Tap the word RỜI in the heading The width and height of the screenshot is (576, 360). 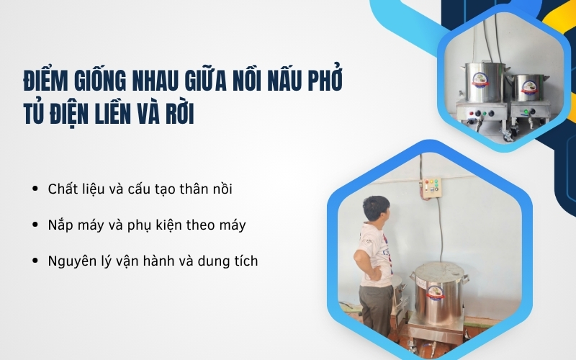[177, 114]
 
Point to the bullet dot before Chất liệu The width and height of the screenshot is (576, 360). [35, 189]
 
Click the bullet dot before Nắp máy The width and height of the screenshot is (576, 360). [35, 225]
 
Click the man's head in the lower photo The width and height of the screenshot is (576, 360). [375, 209]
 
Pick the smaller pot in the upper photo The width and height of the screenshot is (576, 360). [531, 89]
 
